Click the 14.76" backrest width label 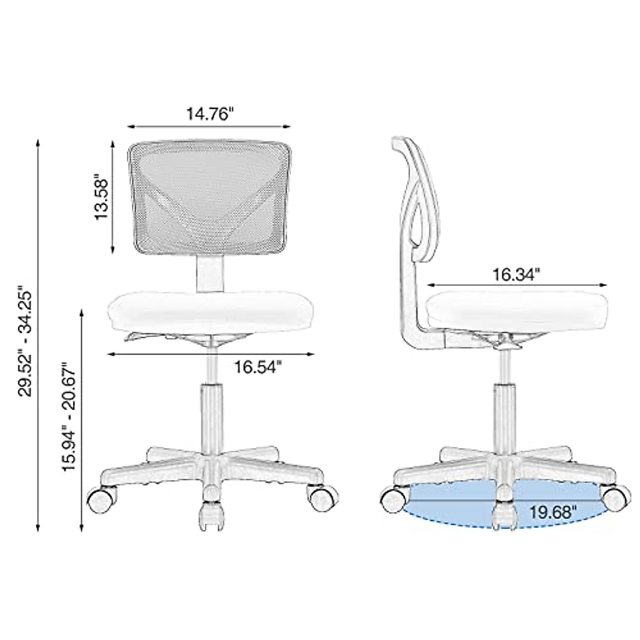pyautogui.click(x=210, y=114)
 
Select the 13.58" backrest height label pyautogui.click(x=101, y=195)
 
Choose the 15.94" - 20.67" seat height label pyautogui.click(x=70, y=417)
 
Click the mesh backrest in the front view pyautogui.click(x=210, y=197)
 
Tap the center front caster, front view pyautogui.click(x=211, y=515)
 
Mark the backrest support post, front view pyautogui.click(x=210, y=273)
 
